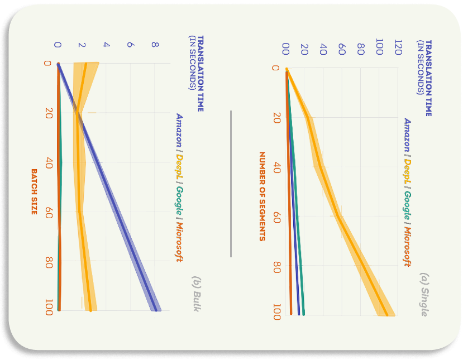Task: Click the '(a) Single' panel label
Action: coord(424,295)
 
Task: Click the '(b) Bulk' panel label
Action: coord(197,294)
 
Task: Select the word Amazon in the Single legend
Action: coord(407,135)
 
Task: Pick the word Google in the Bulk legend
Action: coord(179,201)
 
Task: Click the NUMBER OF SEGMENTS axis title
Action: coord(262,196)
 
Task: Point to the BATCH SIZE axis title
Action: coord(34,192)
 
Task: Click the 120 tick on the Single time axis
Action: coord(398,47)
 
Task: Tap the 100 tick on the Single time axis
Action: coord(379,47)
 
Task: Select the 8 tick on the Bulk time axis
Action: coord(155,45)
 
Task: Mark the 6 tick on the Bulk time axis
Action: coord(131,45)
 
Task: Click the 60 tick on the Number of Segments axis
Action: coord(276,217)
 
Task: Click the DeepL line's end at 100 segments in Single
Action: coord(387,315)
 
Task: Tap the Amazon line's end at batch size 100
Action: coord(156,310)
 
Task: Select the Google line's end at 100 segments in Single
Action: coord(304,315)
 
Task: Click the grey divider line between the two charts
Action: coord(231,184)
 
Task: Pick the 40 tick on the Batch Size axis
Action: coord(49,163)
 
